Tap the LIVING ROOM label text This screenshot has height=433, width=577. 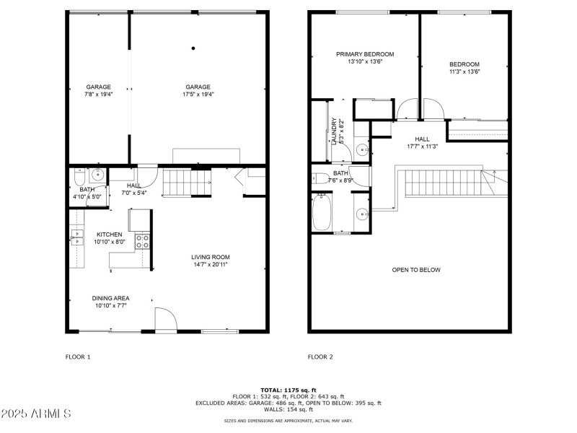(211, 257)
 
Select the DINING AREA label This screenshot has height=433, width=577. (110, 298)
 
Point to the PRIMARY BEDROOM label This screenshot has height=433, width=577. (365, 54)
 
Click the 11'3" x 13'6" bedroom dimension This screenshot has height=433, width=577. (464, 71)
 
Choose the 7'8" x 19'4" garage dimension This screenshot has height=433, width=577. (98, 94)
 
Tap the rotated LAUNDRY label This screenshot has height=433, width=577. (333, 132)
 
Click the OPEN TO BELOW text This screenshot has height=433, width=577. (415, 270)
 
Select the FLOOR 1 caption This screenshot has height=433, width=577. (78, 357)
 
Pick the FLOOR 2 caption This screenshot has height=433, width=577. (320, 357)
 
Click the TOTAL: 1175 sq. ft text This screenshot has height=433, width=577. (288, 390)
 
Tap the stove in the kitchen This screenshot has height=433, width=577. (142, 240)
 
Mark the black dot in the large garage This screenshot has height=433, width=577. (193, 48)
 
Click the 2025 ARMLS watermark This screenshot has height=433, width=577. (36, 414)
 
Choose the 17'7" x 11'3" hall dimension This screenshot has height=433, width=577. (423, 146)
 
